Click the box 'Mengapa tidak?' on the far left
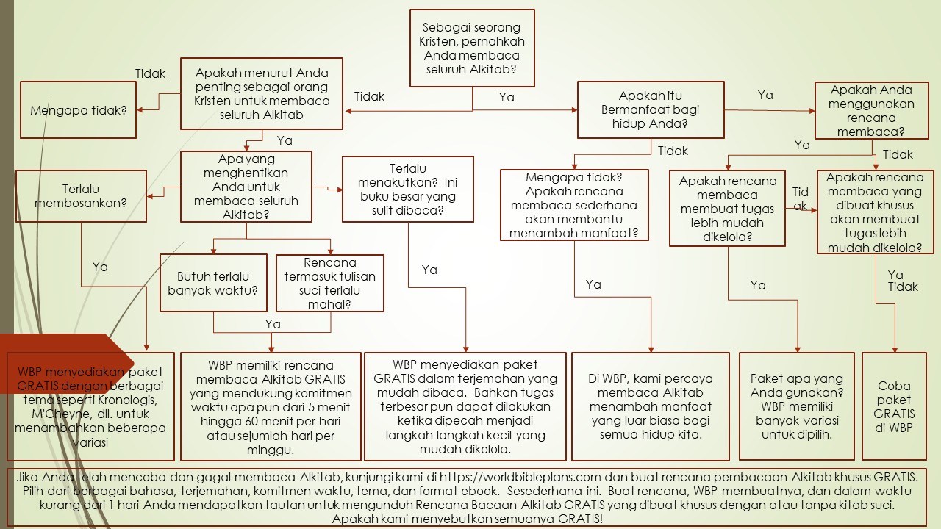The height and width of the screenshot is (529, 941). (78, 110)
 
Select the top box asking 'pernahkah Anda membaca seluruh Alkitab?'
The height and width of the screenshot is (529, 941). (472, 48)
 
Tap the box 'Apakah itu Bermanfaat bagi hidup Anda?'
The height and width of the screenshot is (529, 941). (651, 109)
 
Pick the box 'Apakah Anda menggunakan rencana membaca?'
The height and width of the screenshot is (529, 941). (872, 111)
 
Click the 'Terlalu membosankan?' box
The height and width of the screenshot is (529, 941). (81, 195)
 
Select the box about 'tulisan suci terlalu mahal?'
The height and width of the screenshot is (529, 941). (329, 283)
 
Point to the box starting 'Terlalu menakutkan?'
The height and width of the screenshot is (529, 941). (407, 189)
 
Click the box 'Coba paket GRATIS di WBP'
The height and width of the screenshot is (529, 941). (894, 406)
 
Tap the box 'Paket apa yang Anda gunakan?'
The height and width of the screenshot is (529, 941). (797, 406)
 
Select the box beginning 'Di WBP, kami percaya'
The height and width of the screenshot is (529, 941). (651, 406)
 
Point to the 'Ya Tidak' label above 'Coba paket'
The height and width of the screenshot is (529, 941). (902, 281)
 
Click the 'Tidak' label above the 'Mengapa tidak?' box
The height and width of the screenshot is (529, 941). (151, 73)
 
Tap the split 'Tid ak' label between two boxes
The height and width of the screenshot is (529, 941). (801, 198)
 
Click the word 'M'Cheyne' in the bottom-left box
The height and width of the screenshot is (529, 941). (46, 414)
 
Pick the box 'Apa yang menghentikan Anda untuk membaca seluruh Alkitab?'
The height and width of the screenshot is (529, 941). (246, 187)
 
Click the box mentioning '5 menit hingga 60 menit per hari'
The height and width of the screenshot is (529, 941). (271, 406)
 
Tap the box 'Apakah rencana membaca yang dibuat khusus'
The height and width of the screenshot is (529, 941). (875, 212)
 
